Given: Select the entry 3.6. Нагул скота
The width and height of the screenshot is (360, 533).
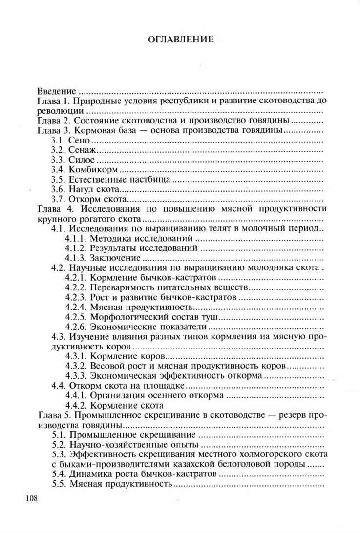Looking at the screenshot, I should click(x=85, y=189).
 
